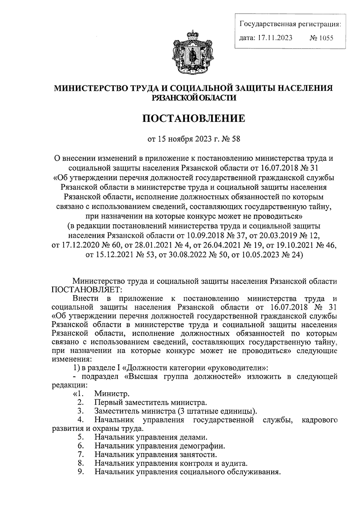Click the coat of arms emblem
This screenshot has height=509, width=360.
[192, 51]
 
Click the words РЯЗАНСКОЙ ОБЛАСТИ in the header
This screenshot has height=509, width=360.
[193, 97]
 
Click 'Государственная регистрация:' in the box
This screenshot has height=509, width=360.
[290, 24]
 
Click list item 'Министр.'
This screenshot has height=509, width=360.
[112, 393]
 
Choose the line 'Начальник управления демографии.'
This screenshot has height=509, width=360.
[160, 446]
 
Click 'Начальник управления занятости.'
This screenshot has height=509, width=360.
[155, 454]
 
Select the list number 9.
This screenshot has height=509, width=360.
[80, 472]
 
